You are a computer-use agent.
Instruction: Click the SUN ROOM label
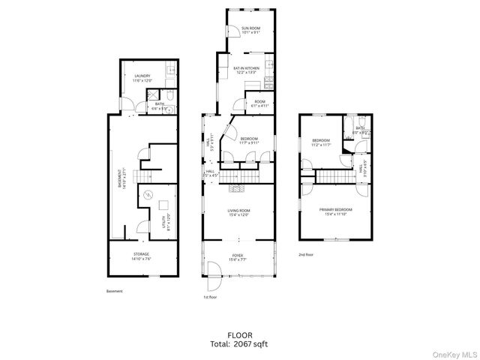[x=250, y=29]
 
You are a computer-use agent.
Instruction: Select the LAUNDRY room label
[x=142, y=77]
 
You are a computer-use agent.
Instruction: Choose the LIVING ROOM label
[x=239, y=212]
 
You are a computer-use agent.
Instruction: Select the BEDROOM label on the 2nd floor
[x=321, y=141]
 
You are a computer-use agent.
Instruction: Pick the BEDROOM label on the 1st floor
[x=250, y=139]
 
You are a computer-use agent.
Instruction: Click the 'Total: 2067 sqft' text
[x=239, y=344]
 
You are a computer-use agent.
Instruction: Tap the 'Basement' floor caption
[x=114, y=291]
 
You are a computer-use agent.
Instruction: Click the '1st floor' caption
[x=210, y=298]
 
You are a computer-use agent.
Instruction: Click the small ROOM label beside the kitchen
[x=259, y=103]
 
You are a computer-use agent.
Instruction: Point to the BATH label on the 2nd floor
[x=360, y=129]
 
